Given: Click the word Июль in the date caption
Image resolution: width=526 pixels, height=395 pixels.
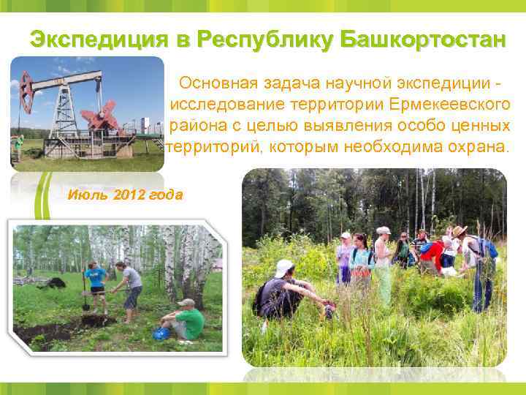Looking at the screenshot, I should (x=81, y=195).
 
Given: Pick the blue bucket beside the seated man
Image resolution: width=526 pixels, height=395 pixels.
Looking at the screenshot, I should (x=160, y=334).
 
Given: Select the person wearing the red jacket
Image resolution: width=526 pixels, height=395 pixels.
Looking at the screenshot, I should (x=432, y=255).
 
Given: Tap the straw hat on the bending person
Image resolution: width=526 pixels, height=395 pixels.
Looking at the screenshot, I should (x=459, y=231).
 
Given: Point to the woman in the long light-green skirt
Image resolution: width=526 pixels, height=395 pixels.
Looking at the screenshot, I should (x=383, y=267).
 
